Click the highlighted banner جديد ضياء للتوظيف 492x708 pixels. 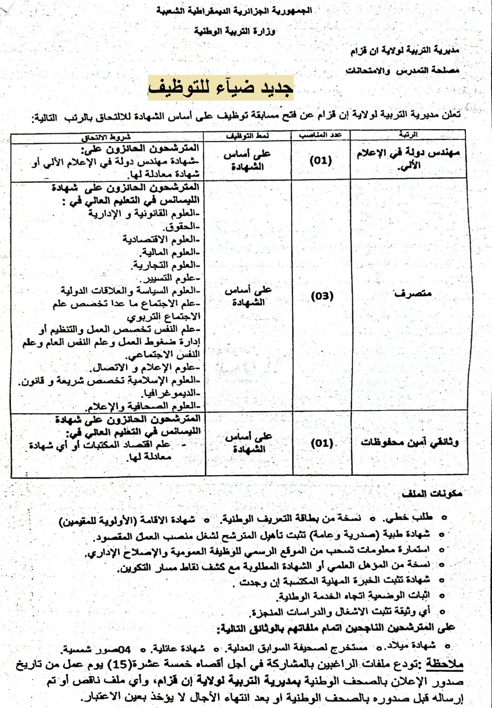[x=221, y=88]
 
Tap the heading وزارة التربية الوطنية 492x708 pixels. [x=234, y=31]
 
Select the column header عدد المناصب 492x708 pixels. [x=320, y=135]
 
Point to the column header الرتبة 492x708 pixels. [x=408, y=134]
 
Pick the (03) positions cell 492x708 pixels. [x=322, y=296]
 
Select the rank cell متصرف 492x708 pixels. [x=412, y=294]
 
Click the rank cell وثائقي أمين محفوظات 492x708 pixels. [x=410, y=442]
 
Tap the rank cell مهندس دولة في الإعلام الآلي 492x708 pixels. [x=408, y=159]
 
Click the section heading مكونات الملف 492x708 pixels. [x=432, y=494]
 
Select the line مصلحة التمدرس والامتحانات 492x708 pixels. [x=402, y=71]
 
